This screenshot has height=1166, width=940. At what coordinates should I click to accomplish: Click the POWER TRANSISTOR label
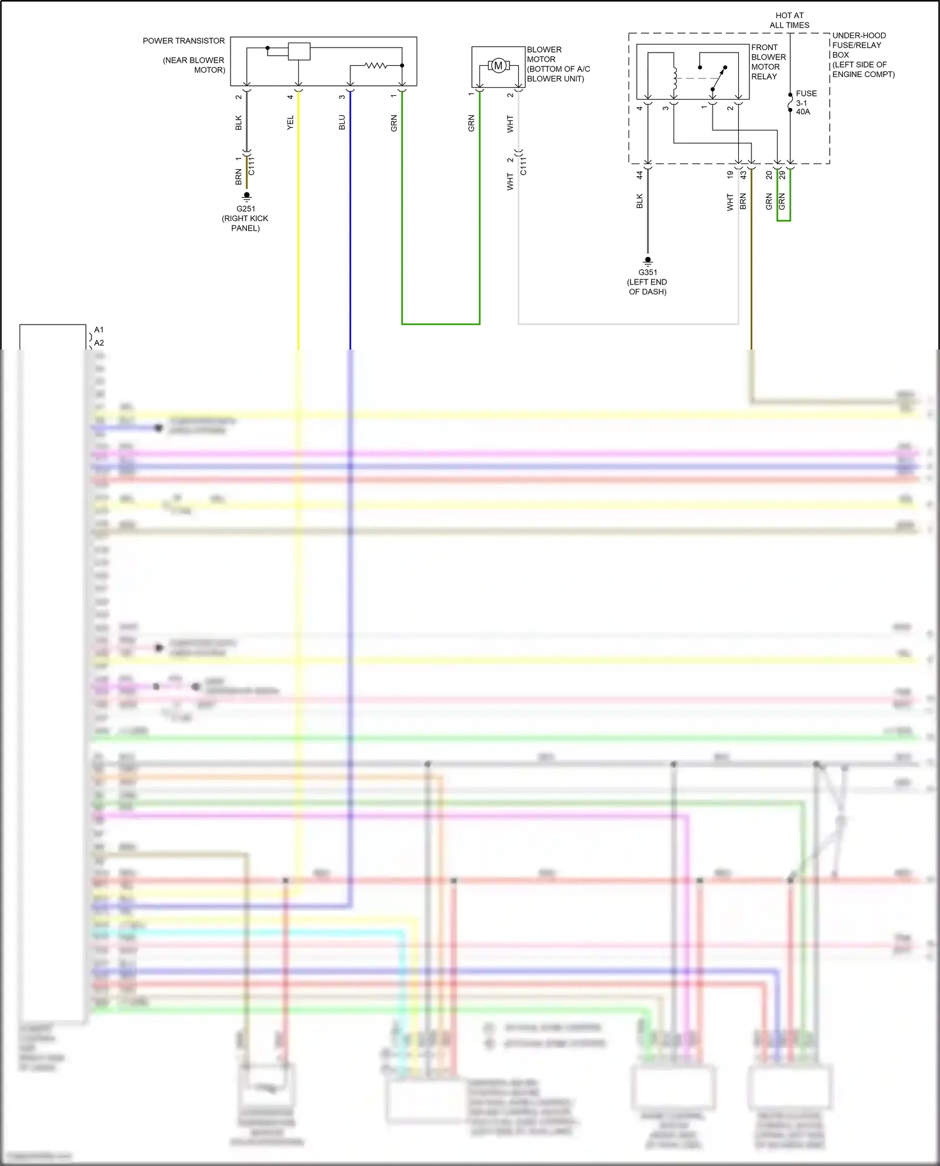click(184, 41)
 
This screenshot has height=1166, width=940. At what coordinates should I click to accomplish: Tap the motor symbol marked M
click(498, 65)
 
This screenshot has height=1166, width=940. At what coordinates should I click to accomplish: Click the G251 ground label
click(246, 209)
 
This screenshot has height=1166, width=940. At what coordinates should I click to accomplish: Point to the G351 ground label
click(648, 273)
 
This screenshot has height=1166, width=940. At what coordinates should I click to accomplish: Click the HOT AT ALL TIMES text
click(789, 20)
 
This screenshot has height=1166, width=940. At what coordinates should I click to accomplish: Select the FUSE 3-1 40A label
click(805, 102)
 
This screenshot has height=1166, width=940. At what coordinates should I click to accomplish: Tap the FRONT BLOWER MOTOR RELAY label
click(768, 61)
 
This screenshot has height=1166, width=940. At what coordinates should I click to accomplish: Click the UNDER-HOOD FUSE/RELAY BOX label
click(863, 55)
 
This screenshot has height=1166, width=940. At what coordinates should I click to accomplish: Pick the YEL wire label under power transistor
click(290, 122)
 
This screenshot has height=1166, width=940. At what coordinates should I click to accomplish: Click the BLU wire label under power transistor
click(342, 122)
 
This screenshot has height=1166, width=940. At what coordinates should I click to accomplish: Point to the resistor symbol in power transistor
click(376, 65)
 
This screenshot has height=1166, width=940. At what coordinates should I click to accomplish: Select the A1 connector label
click(99, 330)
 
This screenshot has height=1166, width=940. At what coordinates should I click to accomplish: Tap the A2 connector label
click(99, 343)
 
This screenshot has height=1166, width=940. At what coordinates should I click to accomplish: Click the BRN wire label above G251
click(239, 177)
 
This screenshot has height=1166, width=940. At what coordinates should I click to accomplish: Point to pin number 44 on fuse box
click(640, 175)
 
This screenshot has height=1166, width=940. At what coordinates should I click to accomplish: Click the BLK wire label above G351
click(640, 201)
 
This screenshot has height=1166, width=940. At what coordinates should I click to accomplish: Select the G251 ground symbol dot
click(247, 195)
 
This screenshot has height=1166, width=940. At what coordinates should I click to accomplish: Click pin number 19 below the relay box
click(730, 175)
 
